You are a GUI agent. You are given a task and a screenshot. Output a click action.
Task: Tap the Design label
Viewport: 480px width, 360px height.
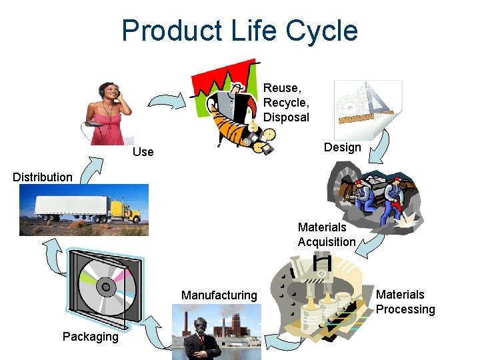342,147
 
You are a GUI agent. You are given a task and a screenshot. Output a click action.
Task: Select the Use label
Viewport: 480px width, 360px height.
143,152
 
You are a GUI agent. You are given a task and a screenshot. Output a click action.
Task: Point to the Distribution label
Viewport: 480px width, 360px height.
43,177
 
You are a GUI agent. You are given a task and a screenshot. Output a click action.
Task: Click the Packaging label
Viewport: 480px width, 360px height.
90,336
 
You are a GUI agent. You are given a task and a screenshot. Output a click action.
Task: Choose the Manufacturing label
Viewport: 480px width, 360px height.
219,295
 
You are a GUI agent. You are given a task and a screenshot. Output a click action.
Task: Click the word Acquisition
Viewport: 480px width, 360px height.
327,242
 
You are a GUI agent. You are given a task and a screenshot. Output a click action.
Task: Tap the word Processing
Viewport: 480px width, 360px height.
405,309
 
